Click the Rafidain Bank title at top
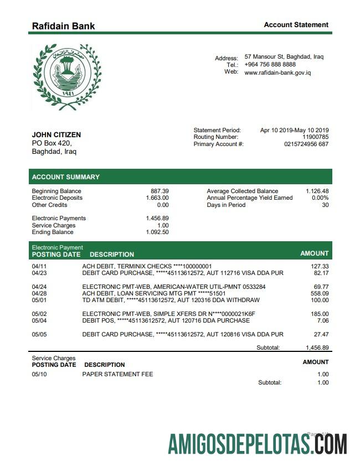63,25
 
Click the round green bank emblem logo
66,77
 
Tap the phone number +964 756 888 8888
270,64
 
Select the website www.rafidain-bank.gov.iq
277,72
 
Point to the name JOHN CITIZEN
56,134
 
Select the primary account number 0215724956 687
306,144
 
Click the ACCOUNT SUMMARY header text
65,177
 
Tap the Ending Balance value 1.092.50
157,232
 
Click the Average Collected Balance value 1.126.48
317,191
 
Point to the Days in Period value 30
325,205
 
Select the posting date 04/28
39,293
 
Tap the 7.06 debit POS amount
323,320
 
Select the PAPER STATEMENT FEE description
117,374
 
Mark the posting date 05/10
39,374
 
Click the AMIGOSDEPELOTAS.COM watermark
258,444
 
